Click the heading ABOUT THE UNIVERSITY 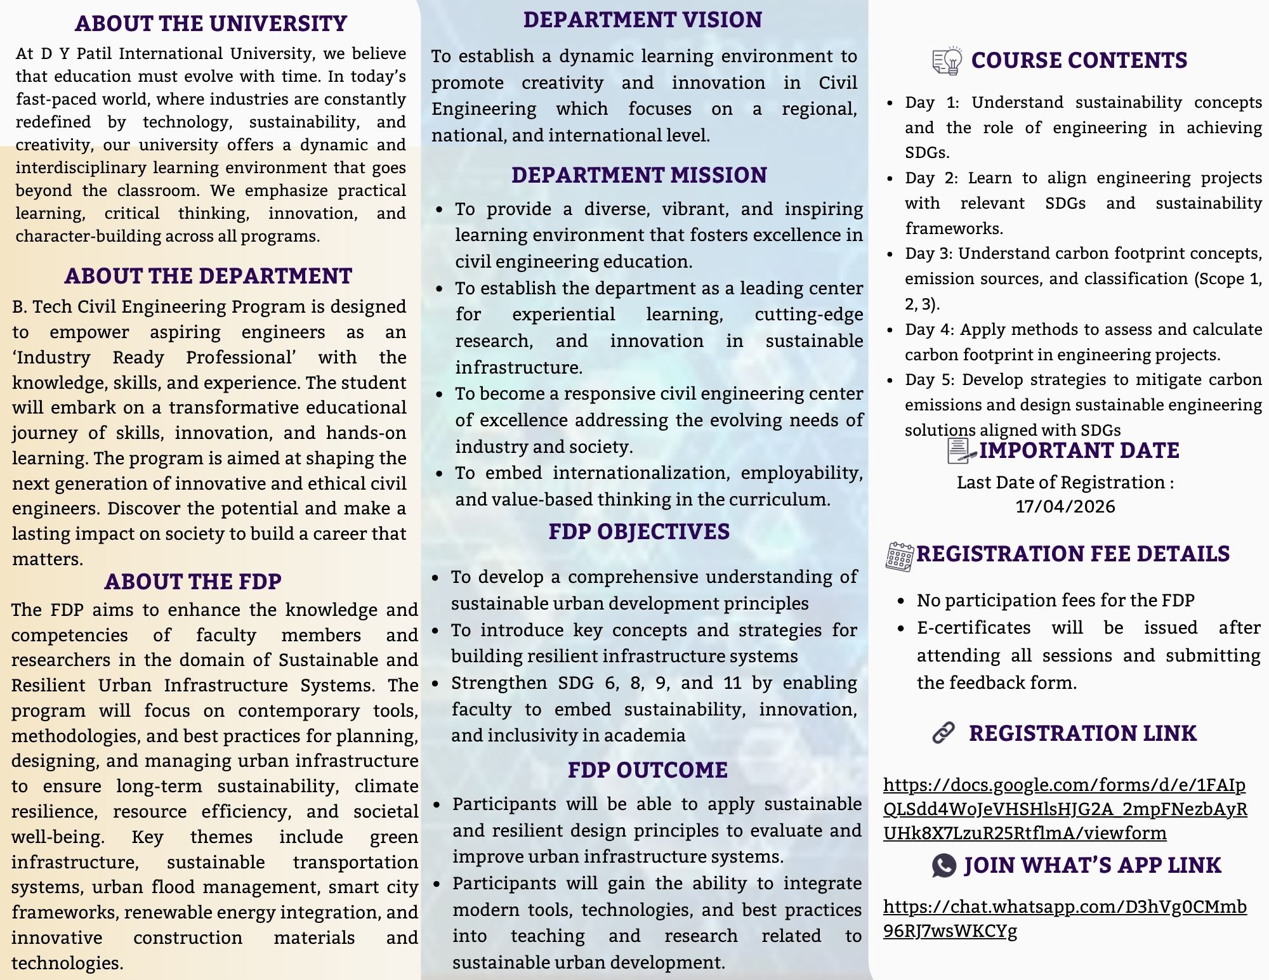tap(211, 23)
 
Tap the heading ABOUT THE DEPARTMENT tap(208, 276)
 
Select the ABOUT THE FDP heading tap(193, 582)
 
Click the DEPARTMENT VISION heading tap(642, 20)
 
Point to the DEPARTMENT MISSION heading tap(639, 175)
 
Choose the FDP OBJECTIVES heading tap(639, 532)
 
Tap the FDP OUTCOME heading tap(647, 770)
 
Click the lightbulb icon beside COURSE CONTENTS tap(947, 61)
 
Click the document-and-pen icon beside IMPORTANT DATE tap(961, 451)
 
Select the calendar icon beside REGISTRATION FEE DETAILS tap(900, 556)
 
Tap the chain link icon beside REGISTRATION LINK tap(944, 733)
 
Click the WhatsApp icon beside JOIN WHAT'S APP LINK tap(944, 865)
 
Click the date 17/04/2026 tap(1065, 507)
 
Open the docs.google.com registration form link tap(1065, 809)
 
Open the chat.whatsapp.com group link tap(1065, 918)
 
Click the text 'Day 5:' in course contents tap(930, 380)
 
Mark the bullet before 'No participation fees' tap(901, 601)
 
